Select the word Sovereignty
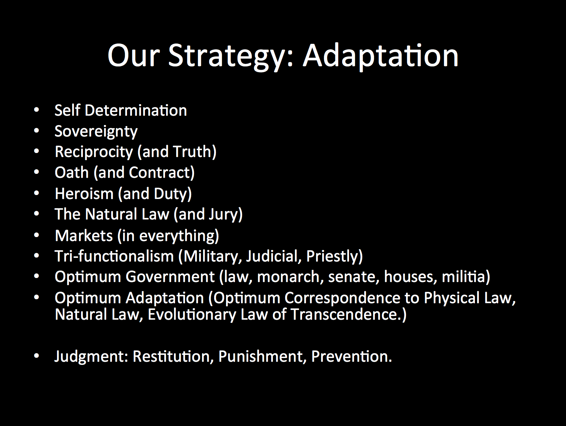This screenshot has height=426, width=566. click(x=96, y=132)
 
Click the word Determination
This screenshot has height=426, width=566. click(x=136, y=111)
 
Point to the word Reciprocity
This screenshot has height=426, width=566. click(x=94, y=152)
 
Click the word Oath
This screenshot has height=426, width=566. click(x=72, y=173)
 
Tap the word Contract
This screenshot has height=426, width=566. click(x=160, y=173)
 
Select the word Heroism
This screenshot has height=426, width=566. click(x=84, y=194)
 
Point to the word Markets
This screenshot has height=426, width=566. click(x=84, y=236)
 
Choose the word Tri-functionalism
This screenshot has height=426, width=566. click(x=114, y=256)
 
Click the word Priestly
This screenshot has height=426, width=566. click(x=332, y=256)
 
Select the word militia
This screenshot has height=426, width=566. click(x=463, y=277)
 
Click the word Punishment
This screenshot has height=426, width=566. click(x=260, y=357)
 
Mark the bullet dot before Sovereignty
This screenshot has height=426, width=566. click(x=36, y=131)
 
